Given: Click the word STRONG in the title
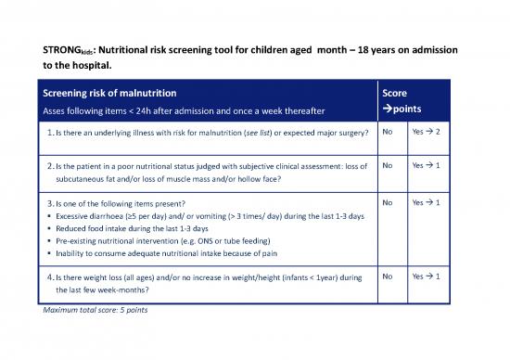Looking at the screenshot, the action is point(63,52).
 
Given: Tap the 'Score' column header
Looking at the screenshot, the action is point(395,93).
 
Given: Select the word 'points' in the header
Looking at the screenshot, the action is point(404,110).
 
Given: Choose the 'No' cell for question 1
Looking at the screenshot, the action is point(389,133).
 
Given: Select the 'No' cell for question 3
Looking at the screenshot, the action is point(389,201).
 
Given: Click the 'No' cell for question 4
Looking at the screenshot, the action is point(389,276).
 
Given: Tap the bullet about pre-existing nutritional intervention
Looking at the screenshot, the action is point(167,241).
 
